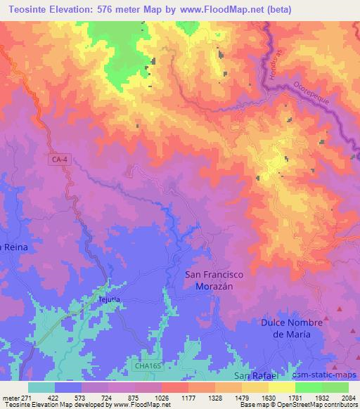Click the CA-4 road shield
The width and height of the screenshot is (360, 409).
[x=60, y=160]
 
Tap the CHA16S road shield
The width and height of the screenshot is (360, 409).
[x=145, y=365]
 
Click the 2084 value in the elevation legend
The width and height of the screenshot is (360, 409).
[x=348, y=396]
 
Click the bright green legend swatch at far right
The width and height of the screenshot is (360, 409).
[x=335, y=387]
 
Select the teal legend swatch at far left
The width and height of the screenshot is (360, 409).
[x=41, y=387]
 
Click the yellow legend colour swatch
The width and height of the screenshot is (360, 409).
[x=281, y=387]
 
